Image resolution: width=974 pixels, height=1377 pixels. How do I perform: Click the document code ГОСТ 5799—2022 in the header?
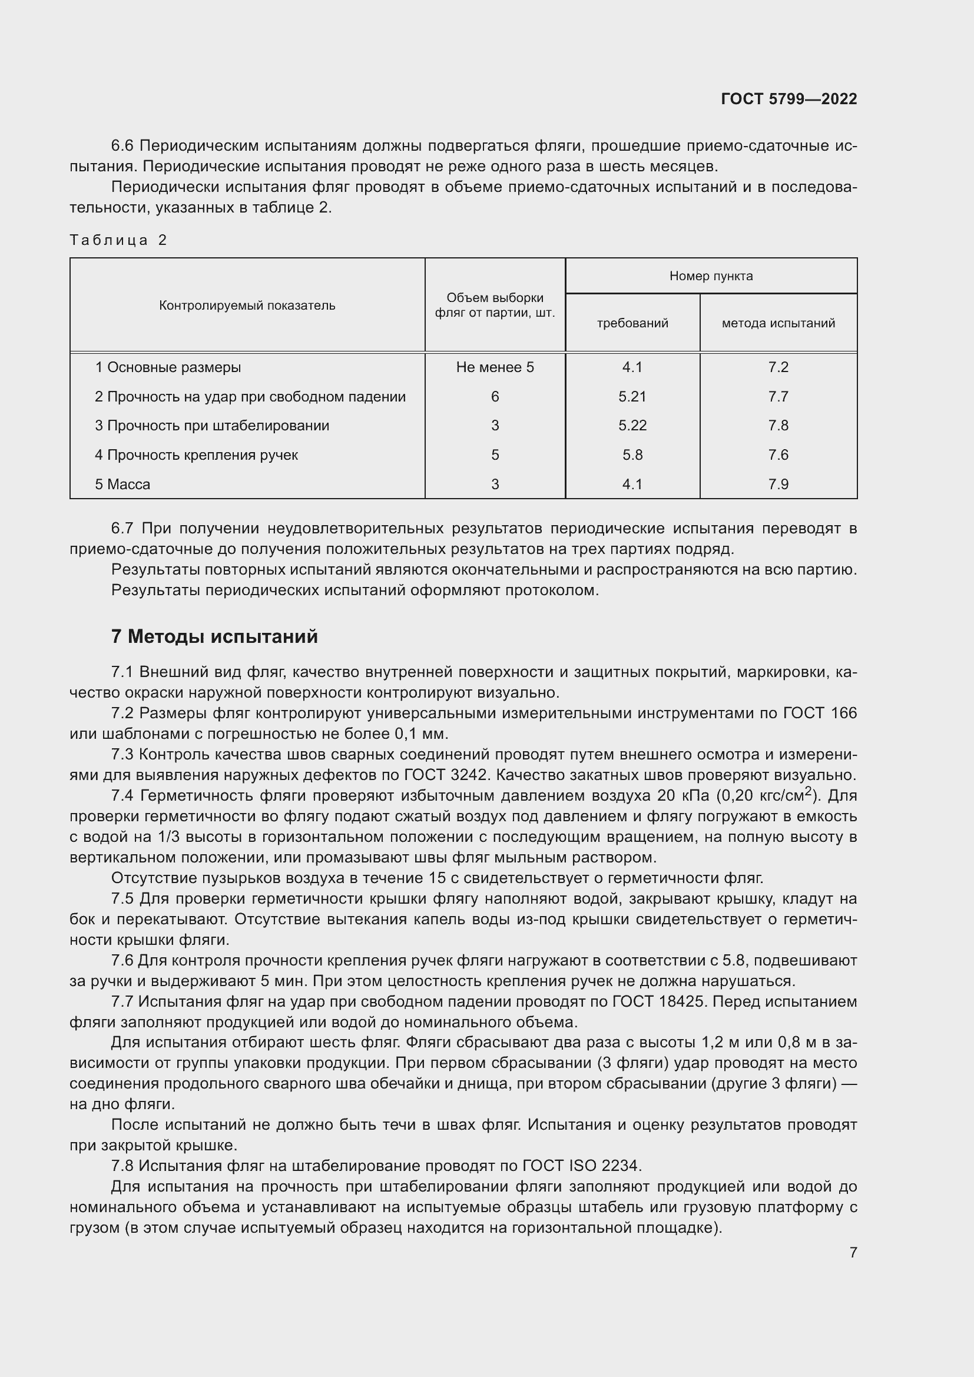(x=789, y=99)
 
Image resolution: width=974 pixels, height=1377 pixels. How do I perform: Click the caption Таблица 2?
(x=118, y=241)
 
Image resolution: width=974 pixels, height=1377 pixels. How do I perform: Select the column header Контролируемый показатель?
(x=247, y=306)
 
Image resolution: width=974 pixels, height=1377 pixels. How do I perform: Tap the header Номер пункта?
(x=711, y=276)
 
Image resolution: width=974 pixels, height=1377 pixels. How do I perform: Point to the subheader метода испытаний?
(x=778, y=323)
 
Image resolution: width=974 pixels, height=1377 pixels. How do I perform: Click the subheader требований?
(x=632, y=323)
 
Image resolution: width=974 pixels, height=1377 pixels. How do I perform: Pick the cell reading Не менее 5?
(x=495, y=367)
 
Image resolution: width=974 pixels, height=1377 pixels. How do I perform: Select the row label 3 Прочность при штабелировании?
(x=212, y=426)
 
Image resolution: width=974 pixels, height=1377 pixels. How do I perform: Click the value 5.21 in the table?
(x=632, y=396)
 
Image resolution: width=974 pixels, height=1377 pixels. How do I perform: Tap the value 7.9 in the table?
(x=778, y=484)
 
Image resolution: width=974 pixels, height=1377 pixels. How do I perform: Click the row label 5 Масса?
(x=122, y=484)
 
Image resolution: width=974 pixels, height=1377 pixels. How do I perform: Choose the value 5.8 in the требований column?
(x=632, y=454)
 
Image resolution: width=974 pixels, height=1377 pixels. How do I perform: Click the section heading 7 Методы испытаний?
(x=214, y=636)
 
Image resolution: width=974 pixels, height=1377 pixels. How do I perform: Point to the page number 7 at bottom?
(x=853, y=1252)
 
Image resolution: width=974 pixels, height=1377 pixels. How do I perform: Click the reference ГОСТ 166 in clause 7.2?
(x=820, y=713)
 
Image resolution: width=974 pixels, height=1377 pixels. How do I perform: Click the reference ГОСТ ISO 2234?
(x=581, y=1166)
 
